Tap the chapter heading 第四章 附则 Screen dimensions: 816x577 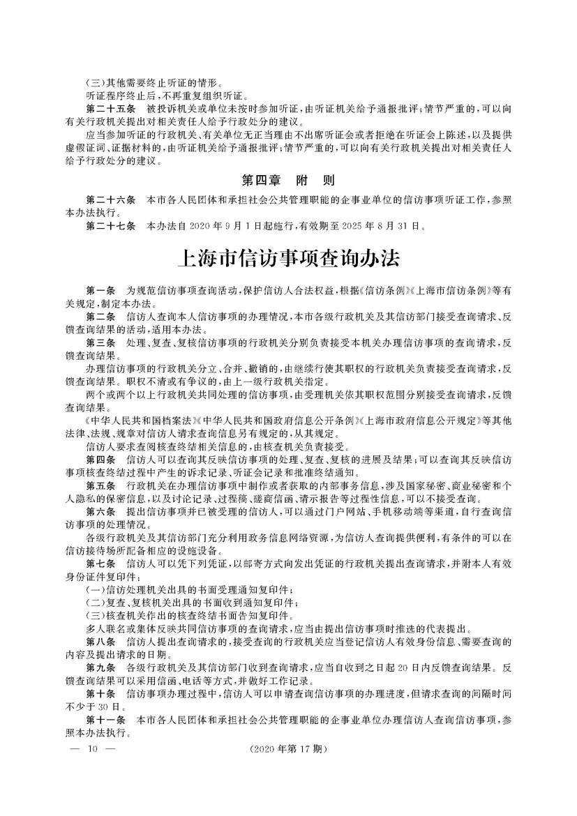(x=288, y=180)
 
